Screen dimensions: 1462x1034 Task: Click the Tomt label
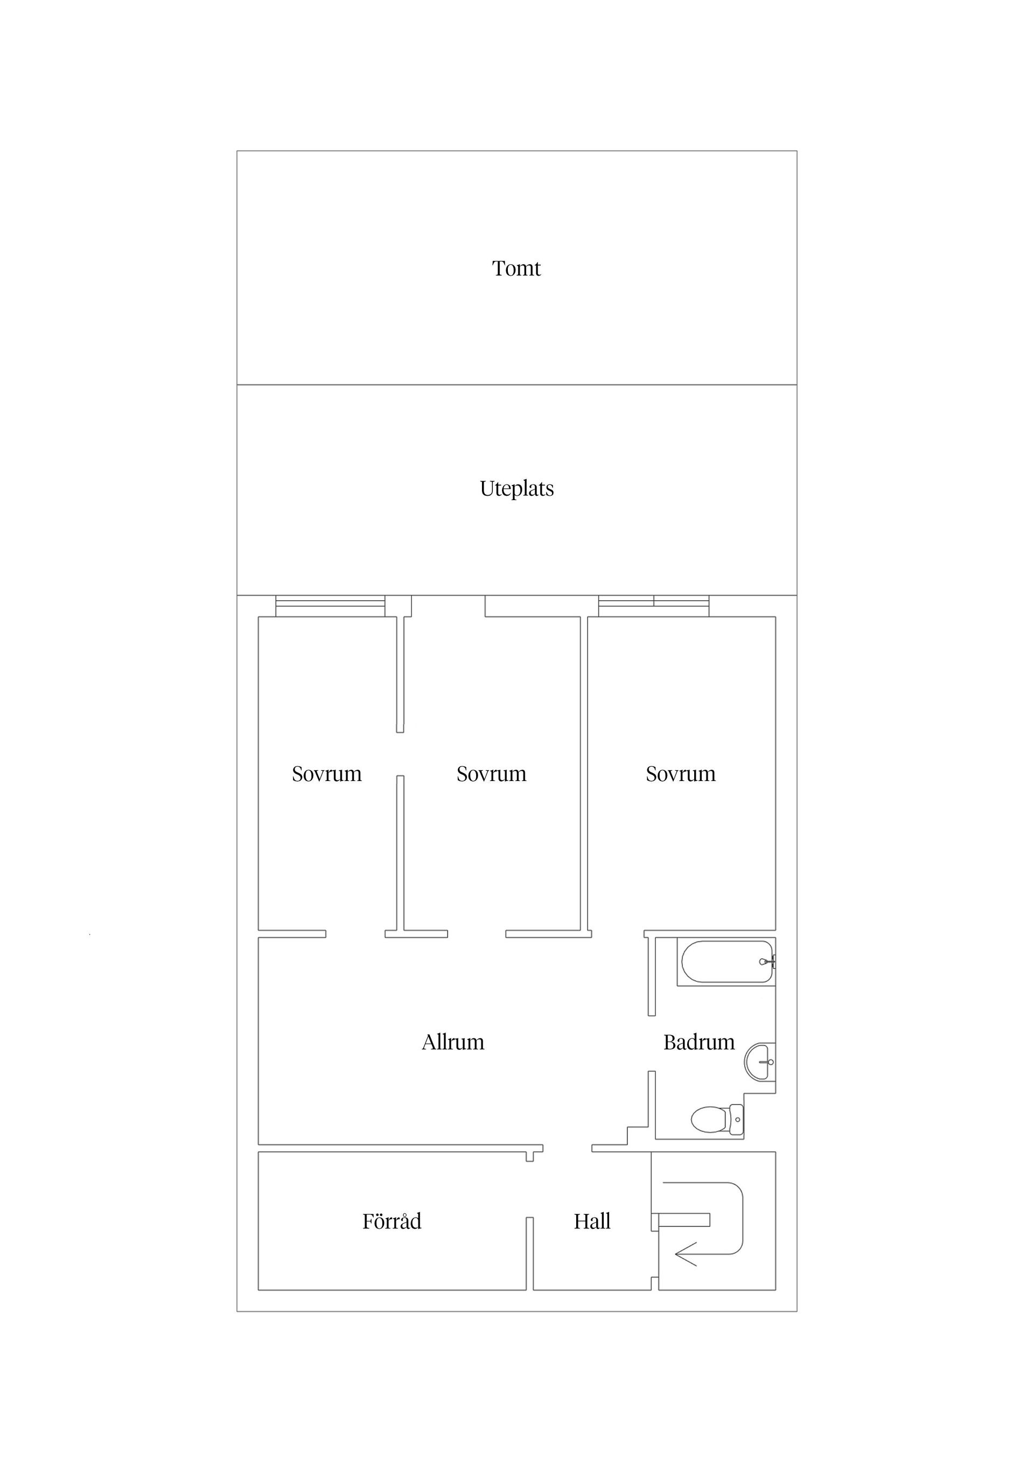(516, 269)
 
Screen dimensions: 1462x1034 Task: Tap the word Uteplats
(516, 489)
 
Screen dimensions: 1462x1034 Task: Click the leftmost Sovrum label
(327, 774)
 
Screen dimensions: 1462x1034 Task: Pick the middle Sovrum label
(491, 774)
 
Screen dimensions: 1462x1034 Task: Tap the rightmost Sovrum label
(680, 774)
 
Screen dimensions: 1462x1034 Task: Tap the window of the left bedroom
(330, 606)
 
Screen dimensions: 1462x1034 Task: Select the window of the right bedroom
(654, 606)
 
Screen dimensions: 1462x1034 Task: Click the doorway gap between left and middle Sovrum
(400, 754)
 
